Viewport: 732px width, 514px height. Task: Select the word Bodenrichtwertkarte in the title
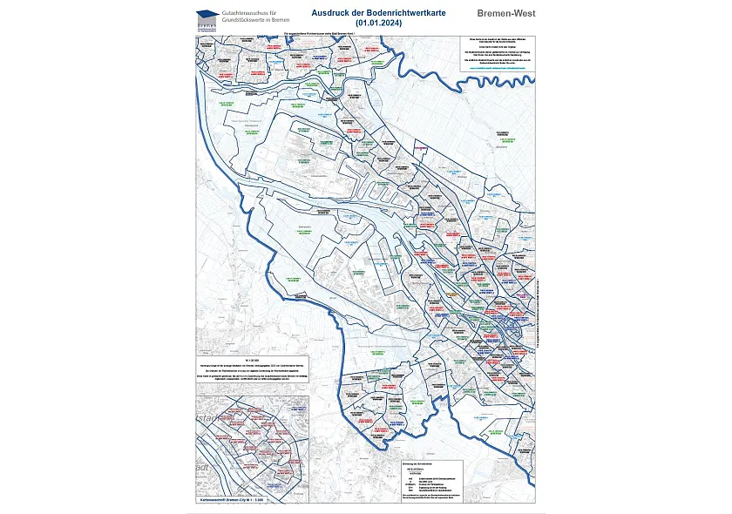point(408,13)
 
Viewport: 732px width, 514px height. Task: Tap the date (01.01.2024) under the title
point(376,24)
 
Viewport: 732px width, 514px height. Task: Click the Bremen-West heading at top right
point(505,14)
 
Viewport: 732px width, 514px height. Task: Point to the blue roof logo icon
point(206,15)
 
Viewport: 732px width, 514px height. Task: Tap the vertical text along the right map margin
point(539,314)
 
